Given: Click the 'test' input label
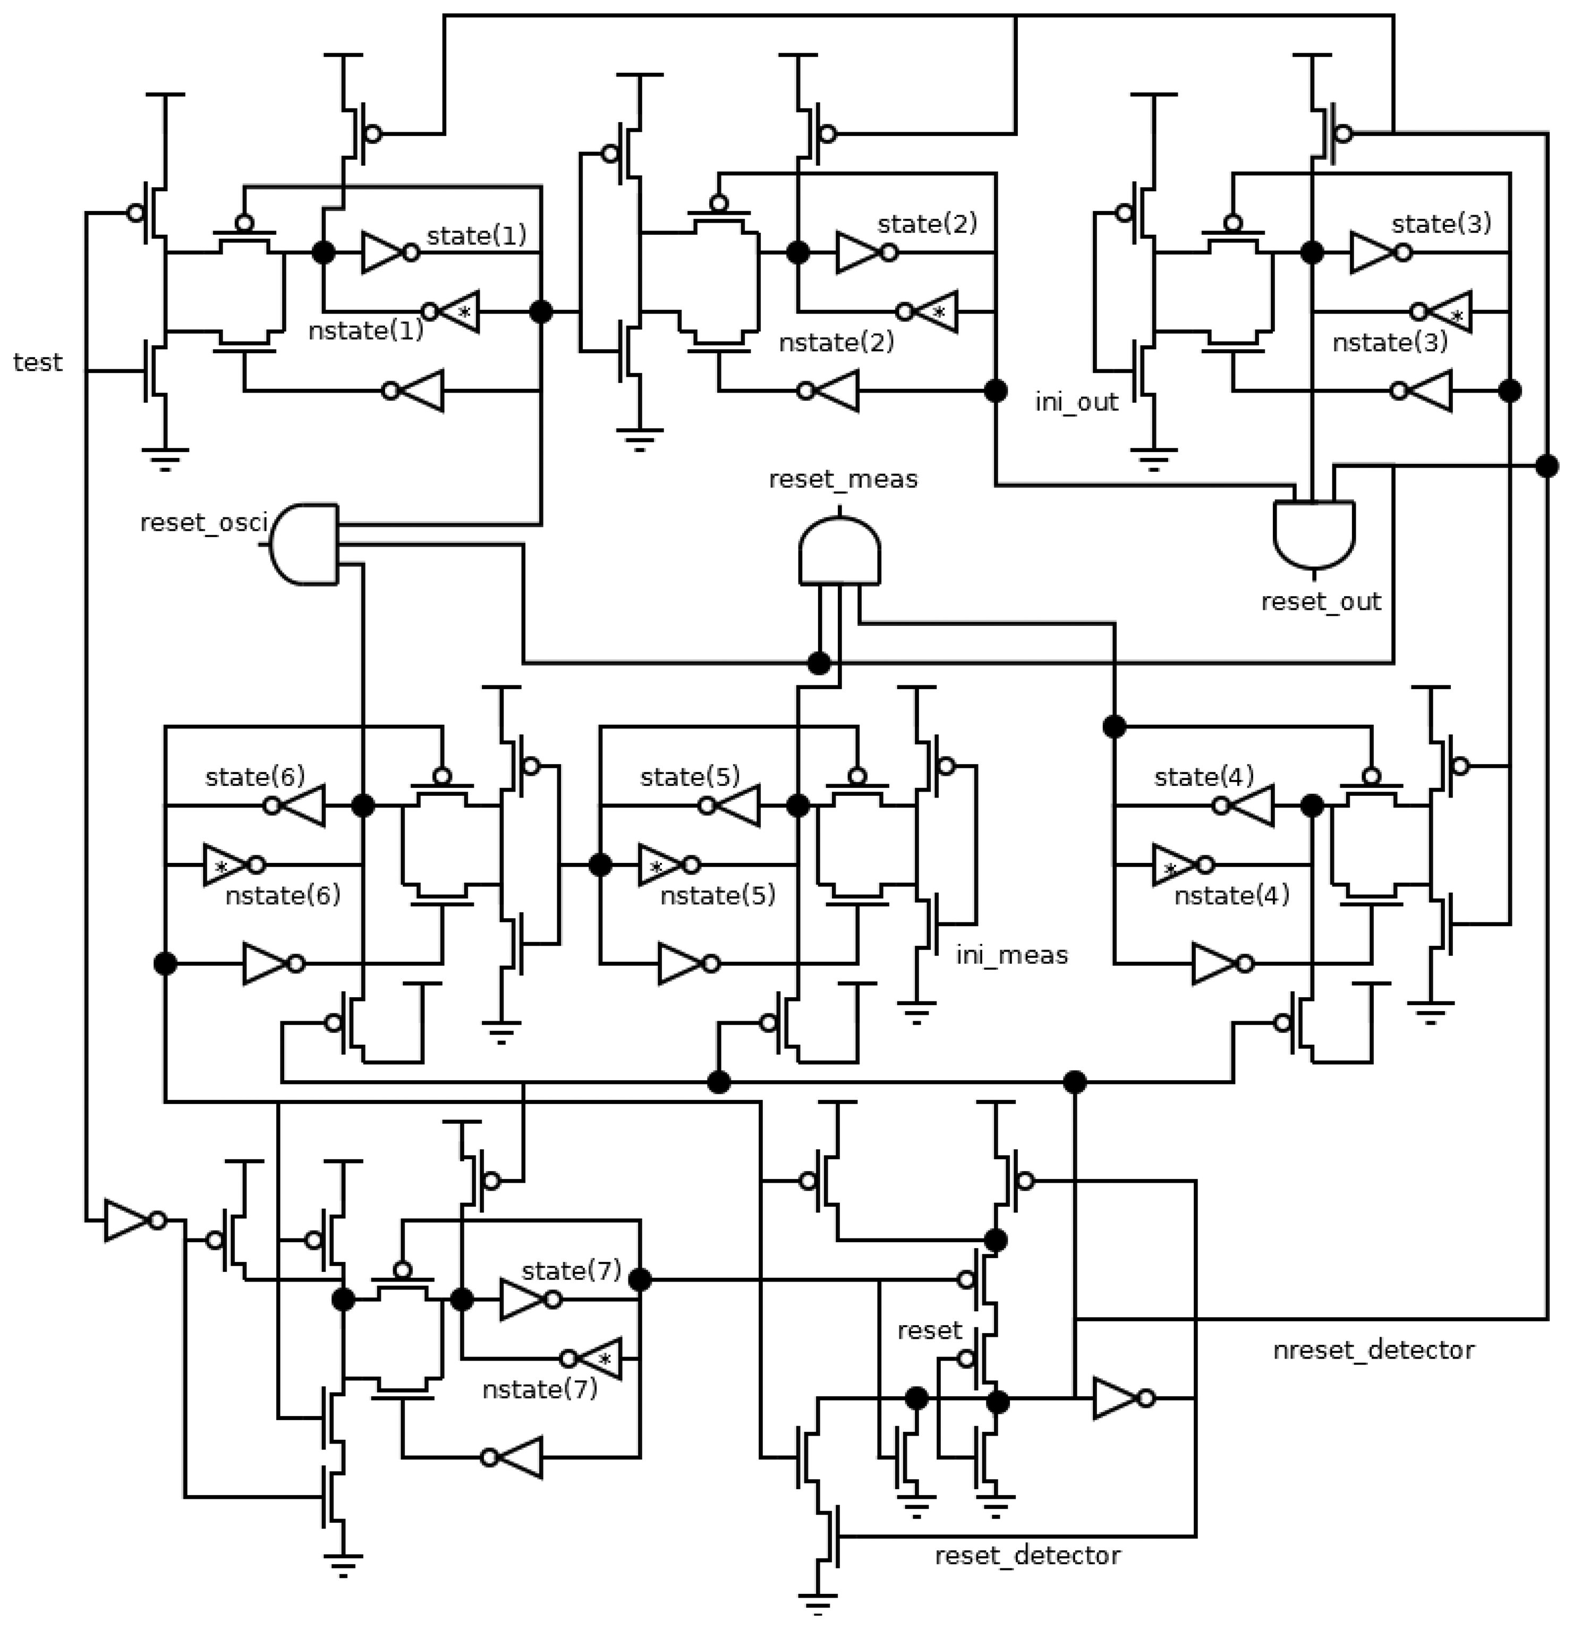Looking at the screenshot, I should click(37, 362).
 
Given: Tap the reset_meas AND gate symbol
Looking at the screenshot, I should click(839, 550).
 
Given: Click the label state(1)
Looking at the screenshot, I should click(476, 235).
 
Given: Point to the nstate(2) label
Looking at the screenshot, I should click(836, 342).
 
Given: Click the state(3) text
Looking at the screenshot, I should click(1441, 224).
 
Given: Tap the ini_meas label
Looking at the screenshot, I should click(1011, 955).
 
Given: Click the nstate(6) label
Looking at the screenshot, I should click(283, 895).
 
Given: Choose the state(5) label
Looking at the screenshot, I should click(690, 777).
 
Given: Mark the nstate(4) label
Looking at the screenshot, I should click(1231, 895).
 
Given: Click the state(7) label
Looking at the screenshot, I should click(572, 1271).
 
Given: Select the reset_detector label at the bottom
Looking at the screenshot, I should click(1027, 1555).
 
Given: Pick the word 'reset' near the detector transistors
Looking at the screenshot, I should click(929, 1330).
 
